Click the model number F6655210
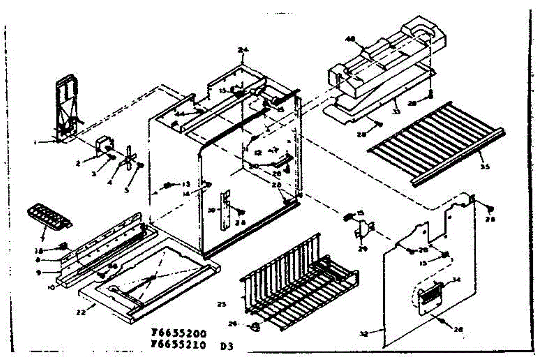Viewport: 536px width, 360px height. point(179,344)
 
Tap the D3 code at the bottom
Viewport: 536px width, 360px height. point(227,346)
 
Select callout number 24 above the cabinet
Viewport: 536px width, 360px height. point(243,50)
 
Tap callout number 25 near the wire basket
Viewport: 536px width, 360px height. point(222,305)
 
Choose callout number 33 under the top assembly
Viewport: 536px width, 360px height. point(395,112)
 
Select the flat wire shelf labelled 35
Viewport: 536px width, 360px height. point(435,143)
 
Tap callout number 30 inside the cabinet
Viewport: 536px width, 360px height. point(212,210)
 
